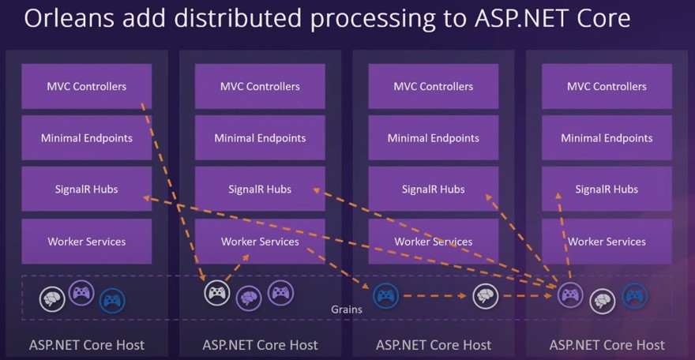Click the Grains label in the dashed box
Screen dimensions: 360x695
[347, 309]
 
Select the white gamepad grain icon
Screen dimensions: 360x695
[216, 294]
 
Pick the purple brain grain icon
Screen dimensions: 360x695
[249, 298]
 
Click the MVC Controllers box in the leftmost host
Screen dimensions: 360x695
[87, 86]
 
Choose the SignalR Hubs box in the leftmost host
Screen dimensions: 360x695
[87, 189]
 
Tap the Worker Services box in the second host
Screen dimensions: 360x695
[260, 242]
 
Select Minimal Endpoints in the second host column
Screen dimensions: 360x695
[260, 138]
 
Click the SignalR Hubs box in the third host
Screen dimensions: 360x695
[433, 189]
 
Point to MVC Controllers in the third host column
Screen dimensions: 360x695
[433, 86]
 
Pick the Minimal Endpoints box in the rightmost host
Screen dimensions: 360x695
[607, 138]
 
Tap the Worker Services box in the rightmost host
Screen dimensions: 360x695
[607, 242]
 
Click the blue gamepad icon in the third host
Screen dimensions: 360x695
[385, 296]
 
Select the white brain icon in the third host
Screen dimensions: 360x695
[486, 297]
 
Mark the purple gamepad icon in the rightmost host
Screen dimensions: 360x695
[570, 295]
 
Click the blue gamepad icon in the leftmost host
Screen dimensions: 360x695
[112, 301]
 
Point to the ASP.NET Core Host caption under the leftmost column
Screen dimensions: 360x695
[87, 345]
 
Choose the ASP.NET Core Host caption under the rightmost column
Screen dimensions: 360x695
[607, 345]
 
